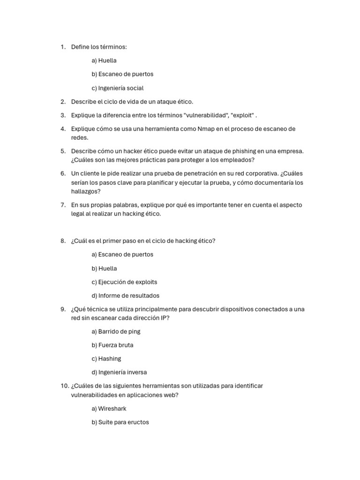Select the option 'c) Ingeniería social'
click(118, 88)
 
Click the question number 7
click(63, 205)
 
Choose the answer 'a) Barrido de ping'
click(116, 331)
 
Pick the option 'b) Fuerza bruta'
click(112, 345)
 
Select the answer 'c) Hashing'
click(106, 359)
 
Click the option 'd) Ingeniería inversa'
click(119, 372)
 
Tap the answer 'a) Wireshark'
click(109, 409)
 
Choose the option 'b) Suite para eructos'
click(120, 422)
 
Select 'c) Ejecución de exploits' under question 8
click(124, 282)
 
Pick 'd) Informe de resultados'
click(126, 296)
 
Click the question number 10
click(64, 386)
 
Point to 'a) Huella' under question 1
click(104, 60)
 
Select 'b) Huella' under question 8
click(104, 269)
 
